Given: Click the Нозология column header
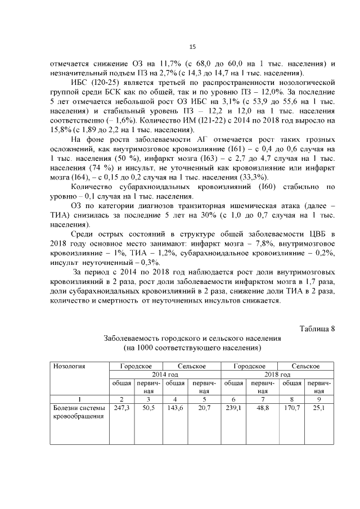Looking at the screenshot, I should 69,366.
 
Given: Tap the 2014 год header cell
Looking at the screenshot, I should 165,375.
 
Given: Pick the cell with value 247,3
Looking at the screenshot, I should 121,408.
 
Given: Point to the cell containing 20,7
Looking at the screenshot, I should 205,408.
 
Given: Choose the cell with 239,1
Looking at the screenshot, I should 233,408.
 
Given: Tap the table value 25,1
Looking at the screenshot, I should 319,408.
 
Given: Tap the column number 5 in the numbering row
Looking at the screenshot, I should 205,398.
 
